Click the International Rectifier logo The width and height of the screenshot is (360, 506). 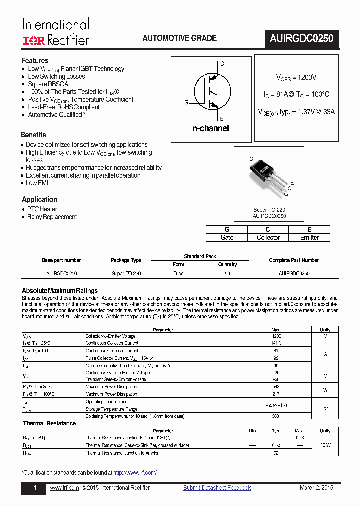coord(56,32)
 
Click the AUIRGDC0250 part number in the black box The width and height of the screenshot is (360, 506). coord(301,38)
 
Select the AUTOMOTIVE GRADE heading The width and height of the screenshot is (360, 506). coord(179,38)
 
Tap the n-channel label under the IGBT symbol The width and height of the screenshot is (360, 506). coord(210,128)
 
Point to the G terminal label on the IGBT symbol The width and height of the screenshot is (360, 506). coord(186,102)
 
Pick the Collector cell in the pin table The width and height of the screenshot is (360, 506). coord(268,237)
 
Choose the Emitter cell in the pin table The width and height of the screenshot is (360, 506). coord(309,237)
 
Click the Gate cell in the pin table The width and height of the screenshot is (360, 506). coord(227,237)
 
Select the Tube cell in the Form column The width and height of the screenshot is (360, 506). coord(178,273)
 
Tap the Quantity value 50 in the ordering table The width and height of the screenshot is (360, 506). coord(227,273)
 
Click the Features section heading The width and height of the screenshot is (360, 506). coord(35,60)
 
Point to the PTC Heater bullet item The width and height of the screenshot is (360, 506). coord(42,209)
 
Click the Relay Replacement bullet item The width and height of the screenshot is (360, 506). coord(52,217)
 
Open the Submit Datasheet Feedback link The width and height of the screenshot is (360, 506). coord(217,488)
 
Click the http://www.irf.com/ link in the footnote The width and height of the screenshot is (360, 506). coord(135,472)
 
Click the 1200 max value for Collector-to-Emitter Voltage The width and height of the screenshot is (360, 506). coord(276,336)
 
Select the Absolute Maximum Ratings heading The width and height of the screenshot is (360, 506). coord(60,291)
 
